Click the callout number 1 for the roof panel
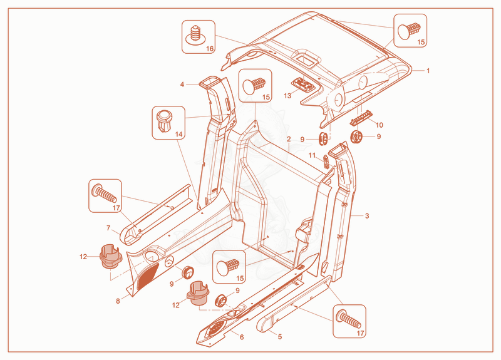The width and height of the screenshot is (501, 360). [x=428, y=71]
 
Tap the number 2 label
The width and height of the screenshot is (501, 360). [x=289, y=139]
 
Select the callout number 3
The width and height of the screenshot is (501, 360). [x=367, y=216]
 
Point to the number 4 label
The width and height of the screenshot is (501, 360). [x=182, y=85]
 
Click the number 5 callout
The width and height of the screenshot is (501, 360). [x=280, y=337]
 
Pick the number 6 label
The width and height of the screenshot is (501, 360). [x=242, y=337]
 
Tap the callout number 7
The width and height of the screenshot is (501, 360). [x=108, y=228]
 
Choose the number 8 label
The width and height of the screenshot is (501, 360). [x=118, y=301]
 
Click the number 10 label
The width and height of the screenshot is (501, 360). [x=380, y=125]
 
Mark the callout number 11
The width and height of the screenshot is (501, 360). [x=312, y=155]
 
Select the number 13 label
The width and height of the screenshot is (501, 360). [x=287, y=96]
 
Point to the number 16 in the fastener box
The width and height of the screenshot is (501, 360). [x=210, y=49]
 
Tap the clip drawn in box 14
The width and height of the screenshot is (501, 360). [x=165, y=121]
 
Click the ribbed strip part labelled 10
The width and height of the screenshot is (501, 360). [x=361, y=118]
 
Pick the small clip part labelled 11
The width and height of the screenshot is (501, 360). [x=326, y=162]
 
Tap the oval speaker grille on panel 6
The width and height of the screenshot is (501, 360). [x=217, y=327]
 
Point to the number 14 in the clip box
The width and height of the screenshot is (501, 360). [x=179, y=134]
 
